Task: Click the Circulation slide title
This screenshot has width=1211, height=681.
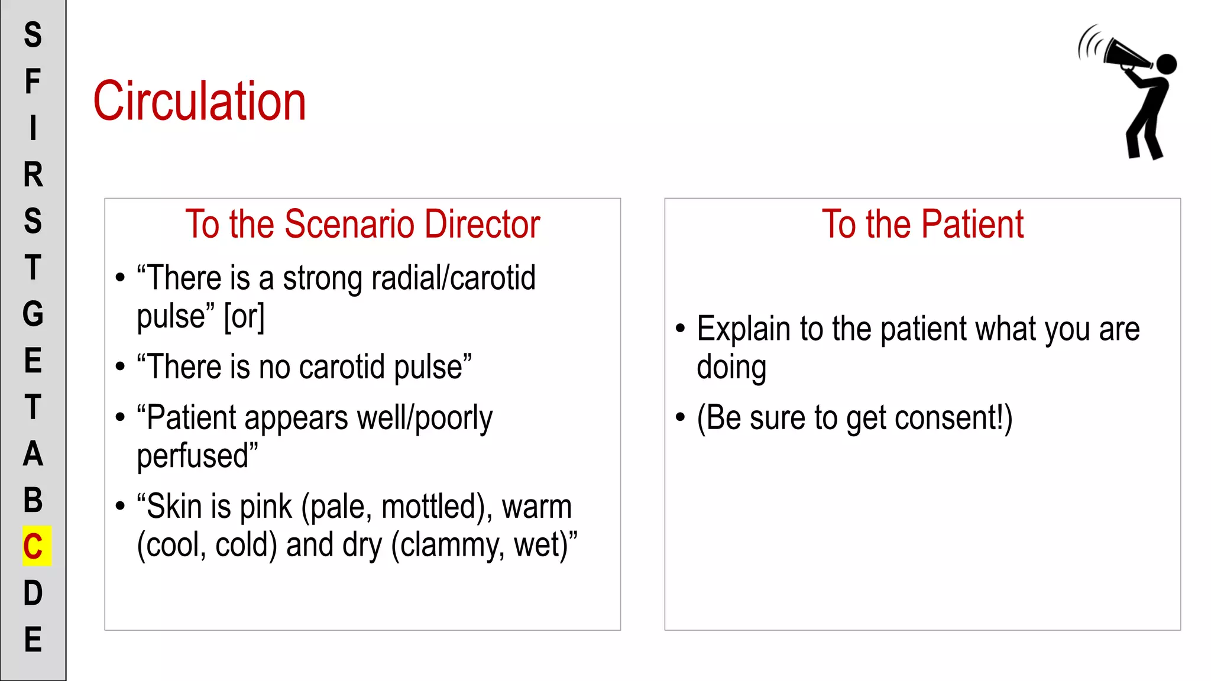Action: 200,102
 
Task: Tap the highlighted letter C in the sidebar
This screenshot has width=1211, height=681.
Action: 34,546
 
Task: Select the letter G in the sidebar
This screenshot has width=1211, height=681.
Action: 33,314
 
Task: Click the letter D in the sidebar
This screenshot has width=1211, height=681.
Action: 33,593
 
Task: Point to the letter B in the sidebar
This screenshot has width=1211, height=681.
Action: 33,500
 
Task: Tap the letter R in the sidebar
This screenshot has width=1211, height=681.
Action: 33,175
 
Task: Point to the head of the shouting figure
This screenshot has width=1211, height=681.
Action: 1166,64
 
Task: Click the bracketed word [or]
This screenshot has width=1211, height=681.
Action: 244,317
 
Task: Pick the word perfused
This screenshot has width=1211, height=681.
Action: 197,456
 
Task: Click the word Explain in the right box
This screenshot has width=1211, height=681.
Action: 744,329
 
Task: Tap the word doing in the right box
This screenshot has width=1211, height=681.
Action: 731,368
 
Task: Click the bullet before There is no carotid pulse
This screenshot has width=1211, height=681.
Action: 121,367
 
